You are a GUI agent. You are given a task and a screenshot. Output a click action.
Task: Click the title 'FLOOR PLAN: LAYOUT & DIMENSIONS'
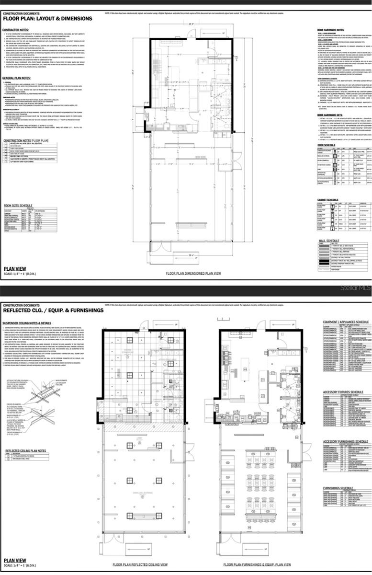click(47, 19)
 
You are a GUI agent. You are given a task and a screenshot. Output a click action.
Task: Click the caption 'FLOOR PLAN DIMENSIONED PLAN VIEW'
click(193, 273)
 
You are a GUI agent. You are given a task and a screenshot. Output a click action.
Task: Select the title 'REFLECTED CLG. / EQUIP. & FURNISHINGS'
click(53, 310)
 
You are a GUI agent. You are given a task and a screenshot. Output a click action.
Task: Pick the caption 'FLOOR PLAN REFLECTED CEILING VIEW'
click(140, 565)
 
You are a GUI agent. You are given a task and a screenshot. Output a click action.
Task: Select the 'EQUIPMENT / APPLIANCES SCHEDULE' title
click(346, 322)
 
